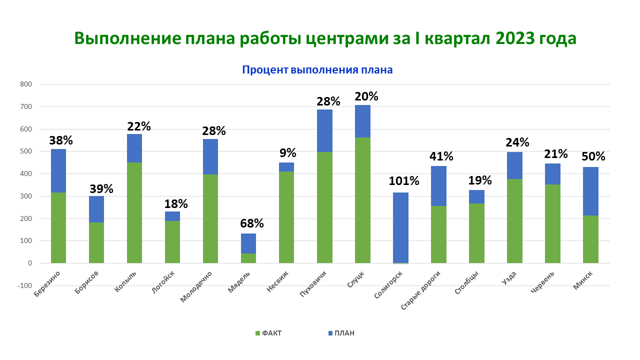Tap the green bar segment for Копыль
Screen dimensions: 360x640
click(134, 212)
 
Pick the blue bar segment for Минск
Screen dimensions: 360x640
click(590, 191)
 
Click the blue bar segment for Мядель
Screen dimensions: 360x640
click(248, 243)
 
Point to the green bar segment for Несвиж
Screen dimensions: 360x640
click(286, 217)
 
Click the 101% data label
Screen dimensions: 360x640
click(403, 181)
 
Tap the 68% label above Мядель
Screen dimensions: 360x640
click(251, 223)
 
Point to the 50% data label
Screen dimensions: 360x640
click(593, 156)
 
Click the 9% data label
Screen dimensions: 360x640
click(287, 152)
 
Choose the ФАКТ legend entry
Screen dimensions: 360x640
click(268, 333)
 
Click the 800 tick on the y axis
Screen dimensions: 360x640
click(25, 84)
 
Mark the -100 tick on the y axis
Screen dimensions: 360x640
click(24, 285)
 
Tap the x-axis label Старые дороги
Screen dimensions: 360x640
click(421, 290)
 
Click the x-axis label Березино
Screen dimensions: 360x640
click(47, 283)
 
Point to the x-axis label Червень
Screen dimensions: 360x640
click(542, 281)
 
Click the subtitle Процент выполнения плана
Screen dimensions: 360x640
click(317, 70)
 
